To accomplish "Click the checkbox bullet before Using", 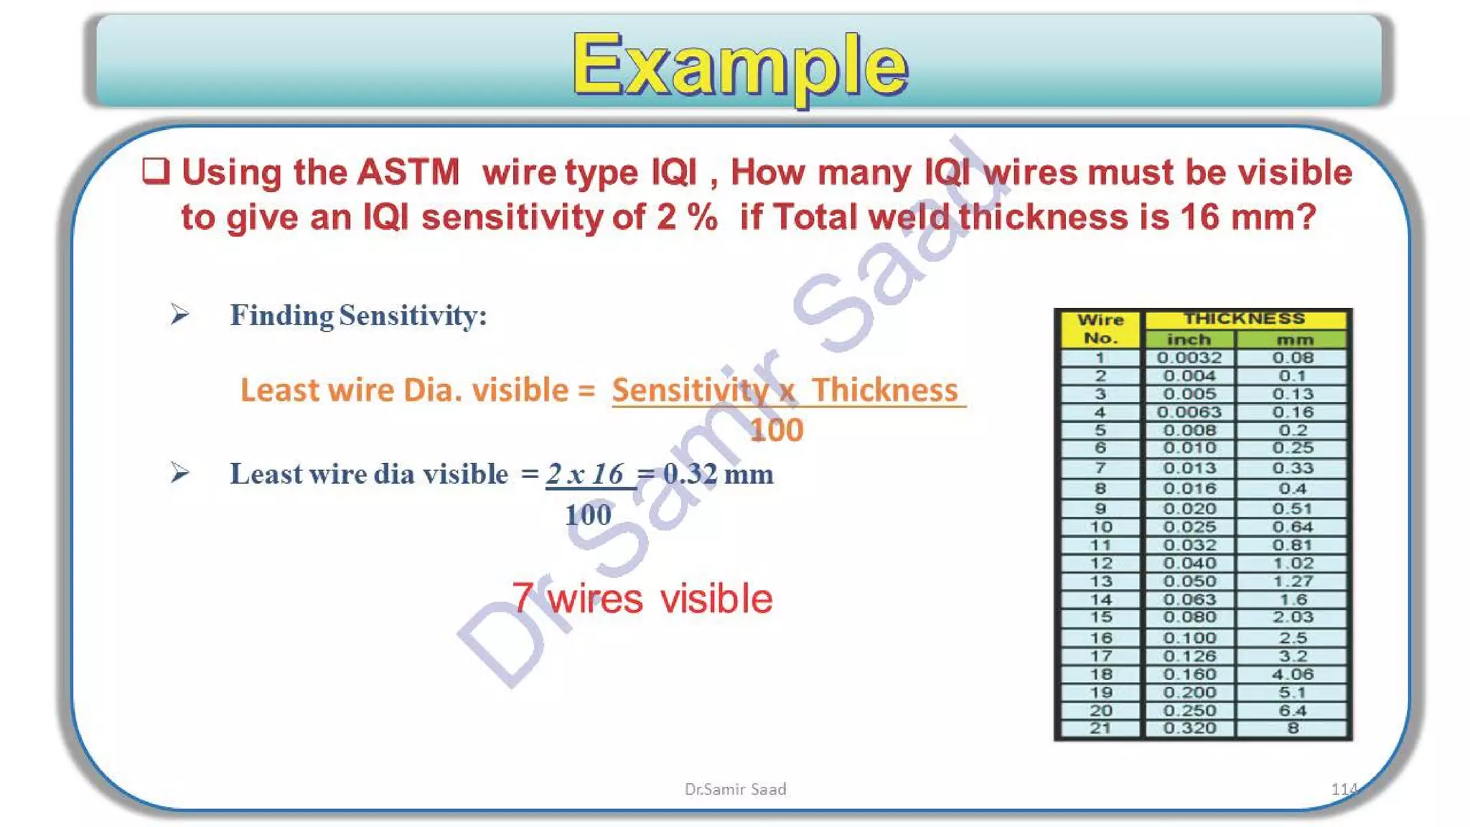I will click(x=156, y=171).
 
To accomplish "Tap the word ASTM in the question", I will click(x=408, y=172).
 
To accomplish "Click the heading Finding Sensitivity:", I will click(x=358, y=316).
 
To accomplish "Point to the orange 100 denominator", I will click(x=776, y=430).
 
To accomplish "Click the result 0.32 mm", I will click(x=718, y=474).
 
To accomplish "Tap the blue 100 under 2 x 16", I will click(x=588, y=515).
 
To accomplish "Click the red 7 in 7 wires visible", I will click(x=523, y=598).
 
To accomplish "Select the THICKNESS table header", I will click(x=1244, y=319).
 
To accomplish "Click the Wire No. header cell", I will click(x=1100, y=329).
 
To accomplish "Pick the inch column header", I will click(x=1189, y=340).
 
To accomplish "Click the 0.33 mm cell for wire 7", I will click(x=1293, y=468).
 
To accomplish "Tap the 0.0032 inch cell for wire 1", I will click(x=1189, y=358).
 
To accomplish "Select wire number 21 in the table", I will click(x=1100, y=728).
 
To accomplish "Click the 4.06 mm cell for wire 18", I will click(x=1293, y=674).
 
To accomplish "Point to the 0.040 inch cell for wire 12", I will click(x=1189, y=564).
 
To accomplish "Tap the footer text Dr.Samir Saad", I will click(x=735, y=789).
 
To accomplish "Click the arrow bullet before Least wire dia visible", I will click(x=179, y=472).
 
